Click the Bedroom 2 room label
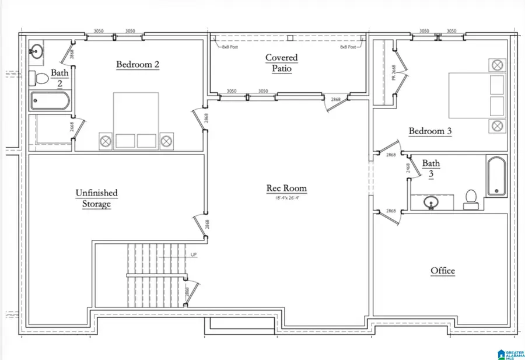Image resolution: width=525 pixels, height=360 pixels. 138,65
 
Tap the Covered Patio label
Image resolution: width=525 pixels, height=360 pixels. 281,63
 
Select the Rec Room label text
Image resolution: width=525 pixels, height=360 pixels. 286,188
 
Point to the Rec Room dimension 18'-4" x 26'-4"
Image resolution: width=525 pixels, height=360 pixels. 286,197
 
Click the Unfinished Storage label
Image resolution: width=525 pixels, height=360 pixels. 96,198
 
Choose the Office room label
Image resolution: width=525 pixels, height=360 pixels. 443,271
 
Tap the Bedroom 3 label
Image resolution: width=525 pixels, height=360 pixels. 430,131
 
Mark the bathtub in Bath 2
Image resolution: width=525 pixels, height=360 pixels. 50,102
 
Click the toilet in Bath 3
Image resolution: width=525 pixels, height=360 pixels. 471,200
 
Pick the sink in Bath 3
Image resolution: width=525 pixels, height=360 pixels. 432,202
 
